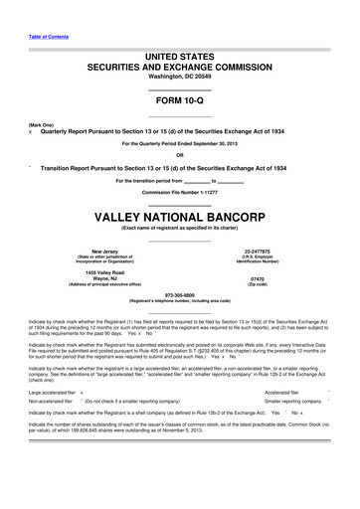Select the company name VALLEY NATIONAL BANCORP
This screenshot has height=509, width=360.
point(179,216)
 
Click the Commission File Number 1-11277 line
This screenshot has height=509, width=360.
point(180,191)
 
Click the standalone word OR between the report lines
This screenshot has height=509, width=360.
point(179,154)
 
